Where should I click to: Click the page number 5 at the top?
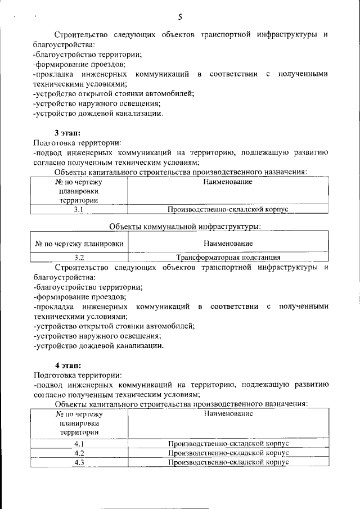tap(179, 16)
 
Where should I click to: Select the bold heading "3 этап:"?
tap(67, 133)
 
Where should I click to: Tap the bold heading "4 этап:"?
tap(67, 365)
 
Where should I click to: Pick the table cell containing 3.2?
tap(79, 258)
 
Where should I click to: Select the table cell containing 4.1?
tap(79, 444)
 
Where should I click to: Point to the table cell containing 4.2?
tap(79, 453)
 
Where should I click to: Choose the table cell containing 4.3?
tap(79, 462)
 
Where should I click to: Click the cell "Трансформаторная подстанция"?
tap(228, 258)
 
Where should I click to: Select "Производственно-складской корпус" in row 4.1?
tap(228, 444)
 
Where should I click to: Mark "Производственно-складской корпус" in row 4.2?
tap(228, 453)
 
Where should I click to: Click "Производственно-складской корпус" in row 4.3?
tap(228, 462)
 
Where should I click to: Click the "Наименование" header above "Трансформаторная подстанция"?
tap(228, 244)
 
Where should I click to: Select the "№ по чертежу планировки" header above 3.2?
tap(79, 244)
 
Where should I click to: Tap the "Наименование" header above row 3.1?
tap(228, 182)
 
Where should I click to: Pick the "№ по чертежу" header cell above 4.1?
tap(79, 423)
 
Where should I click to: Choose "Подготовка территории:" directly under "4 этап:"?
tap(77, 375)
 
